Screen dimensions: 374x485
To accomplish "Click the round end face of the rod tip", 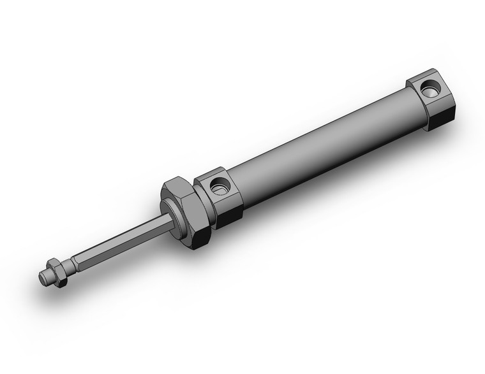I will coord(42,278).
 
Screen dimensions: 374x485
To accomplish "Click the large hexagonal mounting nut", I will coord(186,210).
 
